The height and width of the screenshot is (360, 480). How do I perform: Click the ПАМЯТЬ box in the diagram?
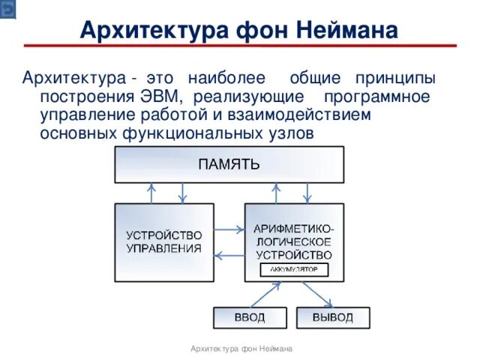(229, 164)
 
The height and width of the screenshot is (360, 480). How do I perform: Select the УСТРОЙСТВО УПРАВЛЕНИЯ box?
(163, 241)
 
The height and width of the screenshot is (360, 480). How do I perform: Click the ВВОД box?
(249, 317)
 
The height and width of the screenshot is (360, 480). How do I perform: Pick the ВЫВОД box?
(332, 317)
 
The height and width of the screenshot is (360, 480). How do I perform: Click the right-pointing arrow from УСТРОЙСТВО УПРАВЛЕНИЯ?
(229, 229)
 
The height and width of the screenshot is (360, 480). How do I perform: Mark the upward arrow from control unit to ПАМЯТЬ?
(151, 193)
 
